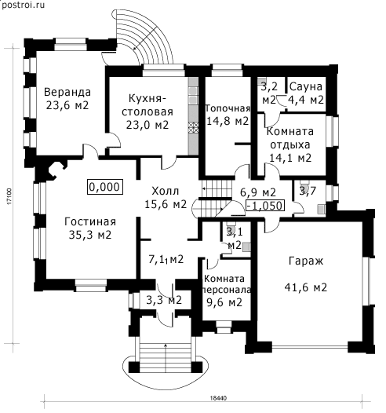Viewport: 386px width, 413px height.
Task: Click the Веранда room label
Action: click(67, 92)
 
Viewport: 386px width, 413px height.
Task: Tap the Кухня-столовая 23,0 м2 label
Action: click(147, 111)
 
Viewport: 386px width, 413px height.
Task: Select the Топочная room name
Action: click(228, 108)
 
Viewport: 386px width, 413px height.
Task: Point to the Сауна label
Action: click(306, 86)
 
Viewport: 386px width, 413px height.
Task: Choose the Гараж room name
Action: click(306, 261)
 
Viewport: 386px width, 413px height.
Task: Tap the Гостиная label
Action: click(90, 221)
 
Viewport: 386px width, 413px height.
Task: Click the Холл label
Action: click(166, 191)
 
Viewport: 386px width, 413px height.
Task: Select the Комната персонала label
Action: click(226, 284)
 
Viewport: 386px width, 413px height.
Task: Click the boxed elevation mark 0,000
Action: click(105, 187)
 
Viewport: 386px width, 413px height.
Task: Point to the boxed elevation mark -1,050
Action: click(265, 206)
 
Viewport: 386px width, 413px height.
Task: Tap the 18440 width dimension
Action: click(218, 398)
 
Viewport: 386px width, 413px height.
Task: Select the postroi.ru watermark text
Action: click(23, 5)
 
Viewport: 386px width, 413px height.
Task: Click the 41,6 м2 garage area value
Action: click(306, 287)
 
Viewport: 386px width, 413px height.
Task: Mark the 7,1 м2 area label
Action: click(166, 260)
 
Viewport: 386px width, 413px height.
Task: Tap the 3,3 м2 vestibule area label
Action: click(164, 300)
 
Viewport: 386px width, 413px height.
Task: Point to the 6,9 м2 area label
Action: click(258, 192)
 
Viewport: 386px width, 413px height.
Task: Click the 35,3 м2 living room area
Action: click(90, 235)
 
